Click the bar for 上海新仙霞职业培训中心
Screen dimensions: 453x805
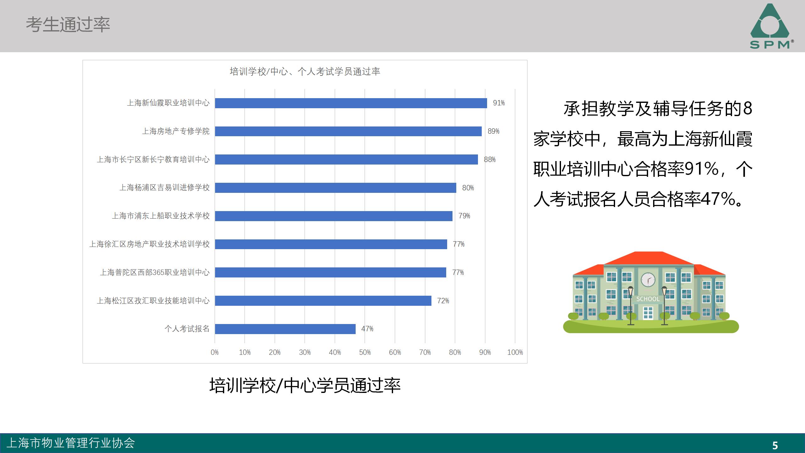point(351,103)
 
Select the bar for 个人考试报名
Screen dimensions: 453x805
point(285,329)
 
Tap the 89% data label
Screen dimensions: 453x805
point(493,131)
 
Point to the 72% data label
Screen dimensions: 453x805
point(443,301)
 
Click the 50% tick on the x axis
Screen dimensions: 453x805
point(365,352)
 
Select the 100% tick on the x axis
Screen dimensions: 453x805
point(515,352)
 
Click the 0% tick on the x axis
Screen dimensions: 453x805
point(214,352)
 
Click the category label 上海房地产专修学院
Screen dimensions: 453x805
point(175,131)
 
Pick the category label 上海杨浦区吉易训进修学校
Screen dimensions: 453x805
point(164,188)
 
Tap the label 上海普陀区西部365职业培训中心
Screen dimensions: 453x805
point(154,272)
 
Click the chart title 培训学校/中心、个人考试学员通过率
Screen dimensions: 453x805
point(305,72)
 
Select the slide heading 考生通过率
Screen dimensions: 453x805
point(68,25)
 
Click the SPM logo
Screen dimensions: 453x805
point(770,27)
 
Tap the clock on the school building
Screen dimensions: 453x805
point(648,279)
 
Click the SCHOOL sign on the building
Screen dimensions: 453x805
point(648,299)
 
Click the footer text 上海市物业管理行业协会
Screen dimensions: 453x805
point(71,443)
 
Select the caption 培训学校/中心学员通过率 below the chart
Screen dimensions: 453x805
point(305,385)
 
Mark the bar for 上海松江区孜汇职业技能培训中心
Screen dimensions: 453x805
point(323,301)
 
